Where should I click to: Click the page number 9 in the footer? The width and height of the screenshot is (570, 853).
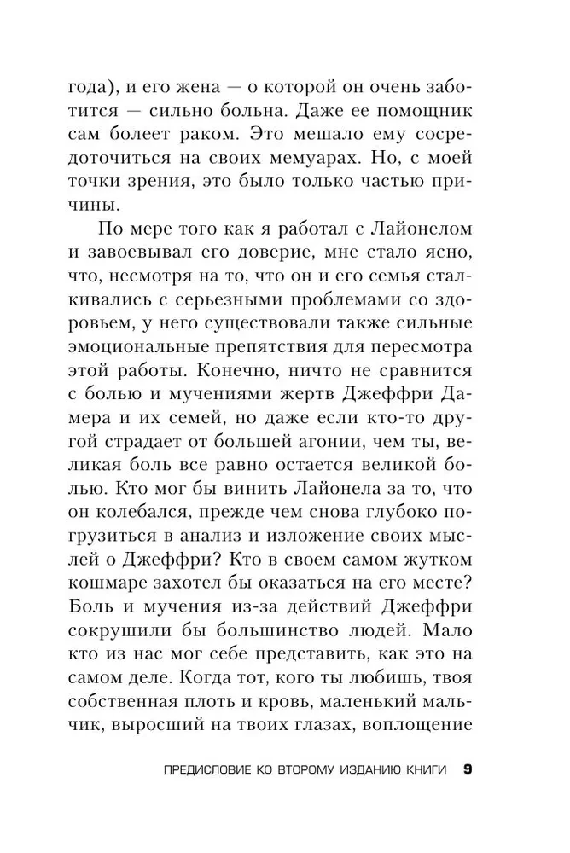467,771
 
